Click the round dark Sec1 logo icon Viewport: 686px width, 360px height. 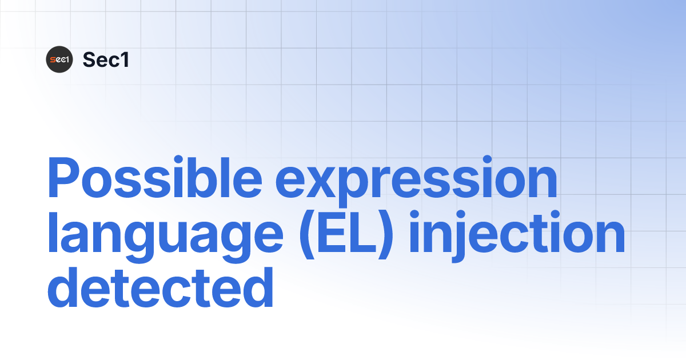[x=59, y=59]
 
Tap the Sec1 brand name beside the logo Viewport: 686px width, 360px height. [x=106, y=59]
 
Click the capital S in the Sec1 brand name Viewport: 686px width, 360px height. [x=89, y=59]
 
